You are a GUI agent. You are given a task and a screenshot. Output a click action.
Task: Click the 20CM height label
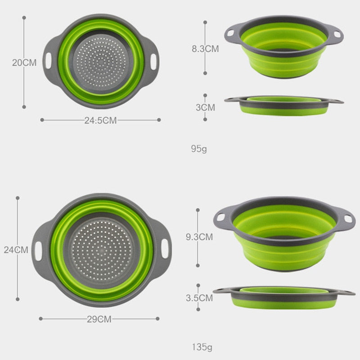click(24, 63)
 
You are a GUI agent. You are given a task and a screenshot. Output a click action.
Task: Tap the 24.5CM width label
click(100, 120)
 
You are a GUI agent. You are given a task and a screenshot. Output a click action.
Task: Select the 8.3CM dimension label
click(205, 49)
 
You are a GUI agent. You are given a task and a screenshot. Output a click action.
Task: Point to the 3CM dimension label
click(205, 108)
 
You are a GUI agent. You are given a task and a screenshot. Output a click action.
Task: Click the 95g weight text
click(198, 148)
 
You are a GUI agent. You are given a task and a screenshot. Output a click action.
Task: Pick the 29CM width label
click(99, 319)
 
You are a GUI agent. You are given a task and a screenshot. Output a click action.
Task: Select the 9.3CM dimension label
click(198, 236)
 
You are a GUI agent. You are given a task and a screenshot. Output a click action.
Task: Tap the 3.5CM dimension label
click(199, 297)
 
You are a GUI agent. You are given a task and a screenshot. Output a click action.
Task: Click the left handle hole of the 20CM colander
click(48, 60)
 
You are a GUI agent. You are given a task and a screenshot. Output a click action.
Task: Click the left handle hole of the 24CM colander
click(39, 249)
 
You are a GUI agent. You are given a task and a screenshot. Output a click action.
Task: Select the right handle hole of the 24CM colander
click(166, 249)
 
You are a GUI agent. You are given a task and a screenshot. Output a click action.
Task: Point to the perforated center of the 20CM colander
click(101, 61)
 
